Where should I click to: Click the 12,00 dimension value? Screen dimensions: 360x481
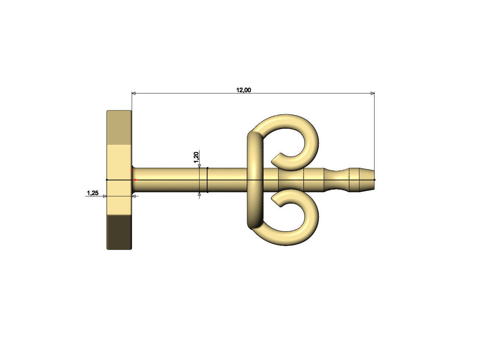pyautogui.click(x=243, y=90)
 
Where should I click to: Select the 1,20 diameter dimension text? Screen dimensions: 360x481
pyautogui.click(x=196, y=157)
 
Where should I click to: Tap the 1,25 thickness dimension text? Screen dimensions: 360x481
pyautogui.click(x=93, y=193)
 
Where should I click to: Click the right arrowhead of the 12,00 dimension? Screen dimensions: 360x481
pyautogui.click(x=372, y=93)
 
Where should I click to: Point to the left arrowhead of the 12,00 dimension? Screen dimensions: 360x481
pyautogui.click(x=134, y=93)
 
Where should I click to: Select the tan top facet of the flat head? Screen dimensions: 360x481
pyautogui.click(x=119, y=128)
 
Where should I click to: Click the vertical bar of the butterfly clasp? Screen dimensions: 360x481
pyautogui.click(x=255, y=180)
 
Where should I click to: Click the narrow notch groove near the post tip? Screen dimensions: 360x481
pyautogui.click(x=337, y=180)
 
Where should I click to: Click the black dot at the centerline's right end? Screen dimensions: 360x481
pyautogui.click(x=374, y=180)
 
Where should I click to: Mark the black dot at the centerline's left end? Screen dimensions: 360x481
pyautogui.click(x=107, y=180)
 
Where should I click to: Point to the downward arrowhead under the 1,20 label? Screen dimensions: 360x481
pyautogui.click(x=199, y=166)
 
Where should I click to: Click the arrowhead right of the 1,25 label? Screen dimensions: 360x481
pyautogui.click(x=105, y=196)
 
